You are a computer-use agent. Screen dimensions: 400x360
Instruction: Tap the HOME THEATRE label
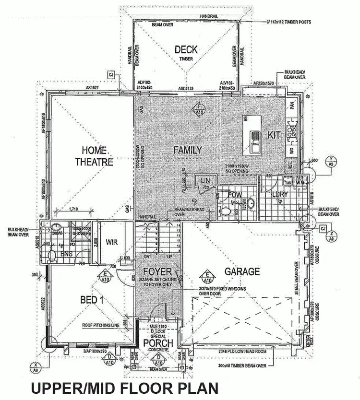(x=94, y=155)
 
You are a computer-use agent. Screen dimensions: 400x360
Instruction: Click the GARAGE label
(x=242, y=271)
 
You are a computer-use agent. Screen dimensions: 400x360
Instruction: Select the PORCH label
(x=158, y=343)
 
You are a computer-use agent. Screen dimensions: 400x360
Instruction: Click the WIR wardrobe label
(x=112, y=242)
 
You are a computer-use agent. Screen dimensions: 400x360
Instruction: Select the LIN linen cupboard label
(x=205, y=180)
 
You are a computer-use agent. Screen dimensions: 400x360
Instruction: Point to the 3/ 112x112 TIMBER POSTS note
(x=292, y=21)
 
